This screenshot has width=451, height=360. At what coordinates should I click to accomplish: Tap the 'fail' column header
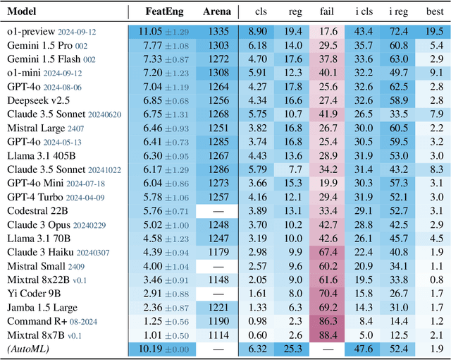pos(325,12)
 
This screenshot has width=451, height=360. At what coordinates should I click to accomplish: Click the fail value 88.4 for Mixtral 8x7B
pos(325,334)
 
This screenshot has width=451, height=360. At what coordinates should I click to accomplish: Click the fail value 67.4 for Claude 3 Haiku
pos(325,252)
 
